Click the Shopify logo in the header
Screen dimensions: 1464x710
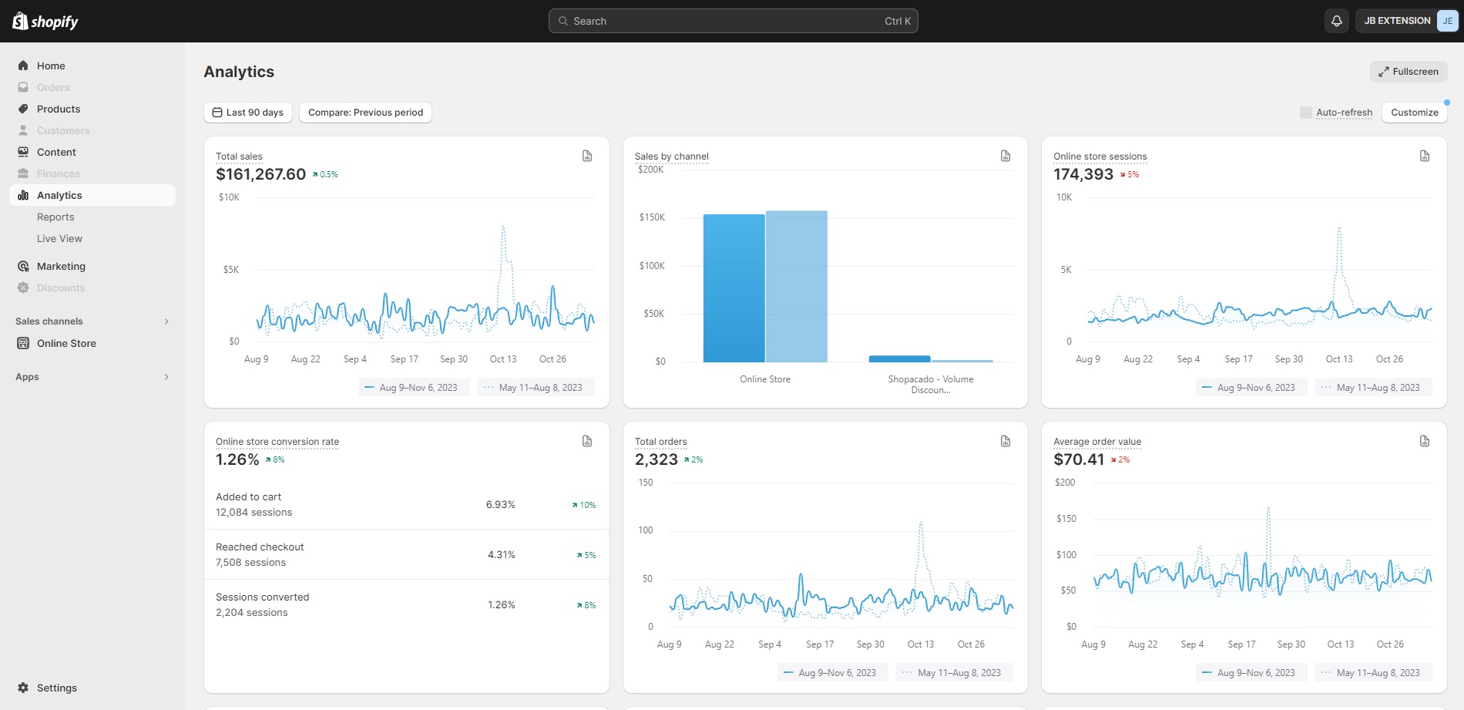[45, 21]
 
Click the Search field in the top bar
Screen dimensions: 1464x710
[733, 21]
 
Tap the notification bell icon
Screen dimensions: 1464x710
[1337, 21]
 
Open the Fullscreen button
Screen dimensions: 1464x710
[1409, 72]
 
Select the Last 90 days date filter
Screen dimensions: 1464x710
[248, 113]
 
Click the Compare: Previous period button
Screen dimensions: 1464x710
[366, 113]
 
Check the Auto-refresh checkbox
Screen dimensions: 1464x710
[1305, 113]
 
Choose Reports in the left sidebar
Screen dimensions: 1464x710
[55, 217]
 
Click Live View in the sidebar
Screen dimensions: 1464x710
[59, 239]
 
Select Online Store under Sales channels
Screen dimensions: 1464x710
[66, 344]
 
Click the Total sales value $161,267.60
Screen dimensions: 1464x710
[261, 174]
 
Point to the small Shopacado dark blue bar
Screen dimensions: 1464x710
[899, 359]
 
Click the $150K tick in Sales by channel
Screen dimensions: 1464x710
[652, 217]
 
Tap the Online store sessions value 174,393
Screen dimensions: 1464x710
[1083, 174]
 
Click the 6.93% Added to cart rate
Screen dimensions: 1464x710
[501, 505]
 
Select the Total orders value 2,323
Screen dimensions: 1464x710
[656, 459]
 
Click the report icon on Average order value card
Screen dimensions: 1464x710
[1425, 441]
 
